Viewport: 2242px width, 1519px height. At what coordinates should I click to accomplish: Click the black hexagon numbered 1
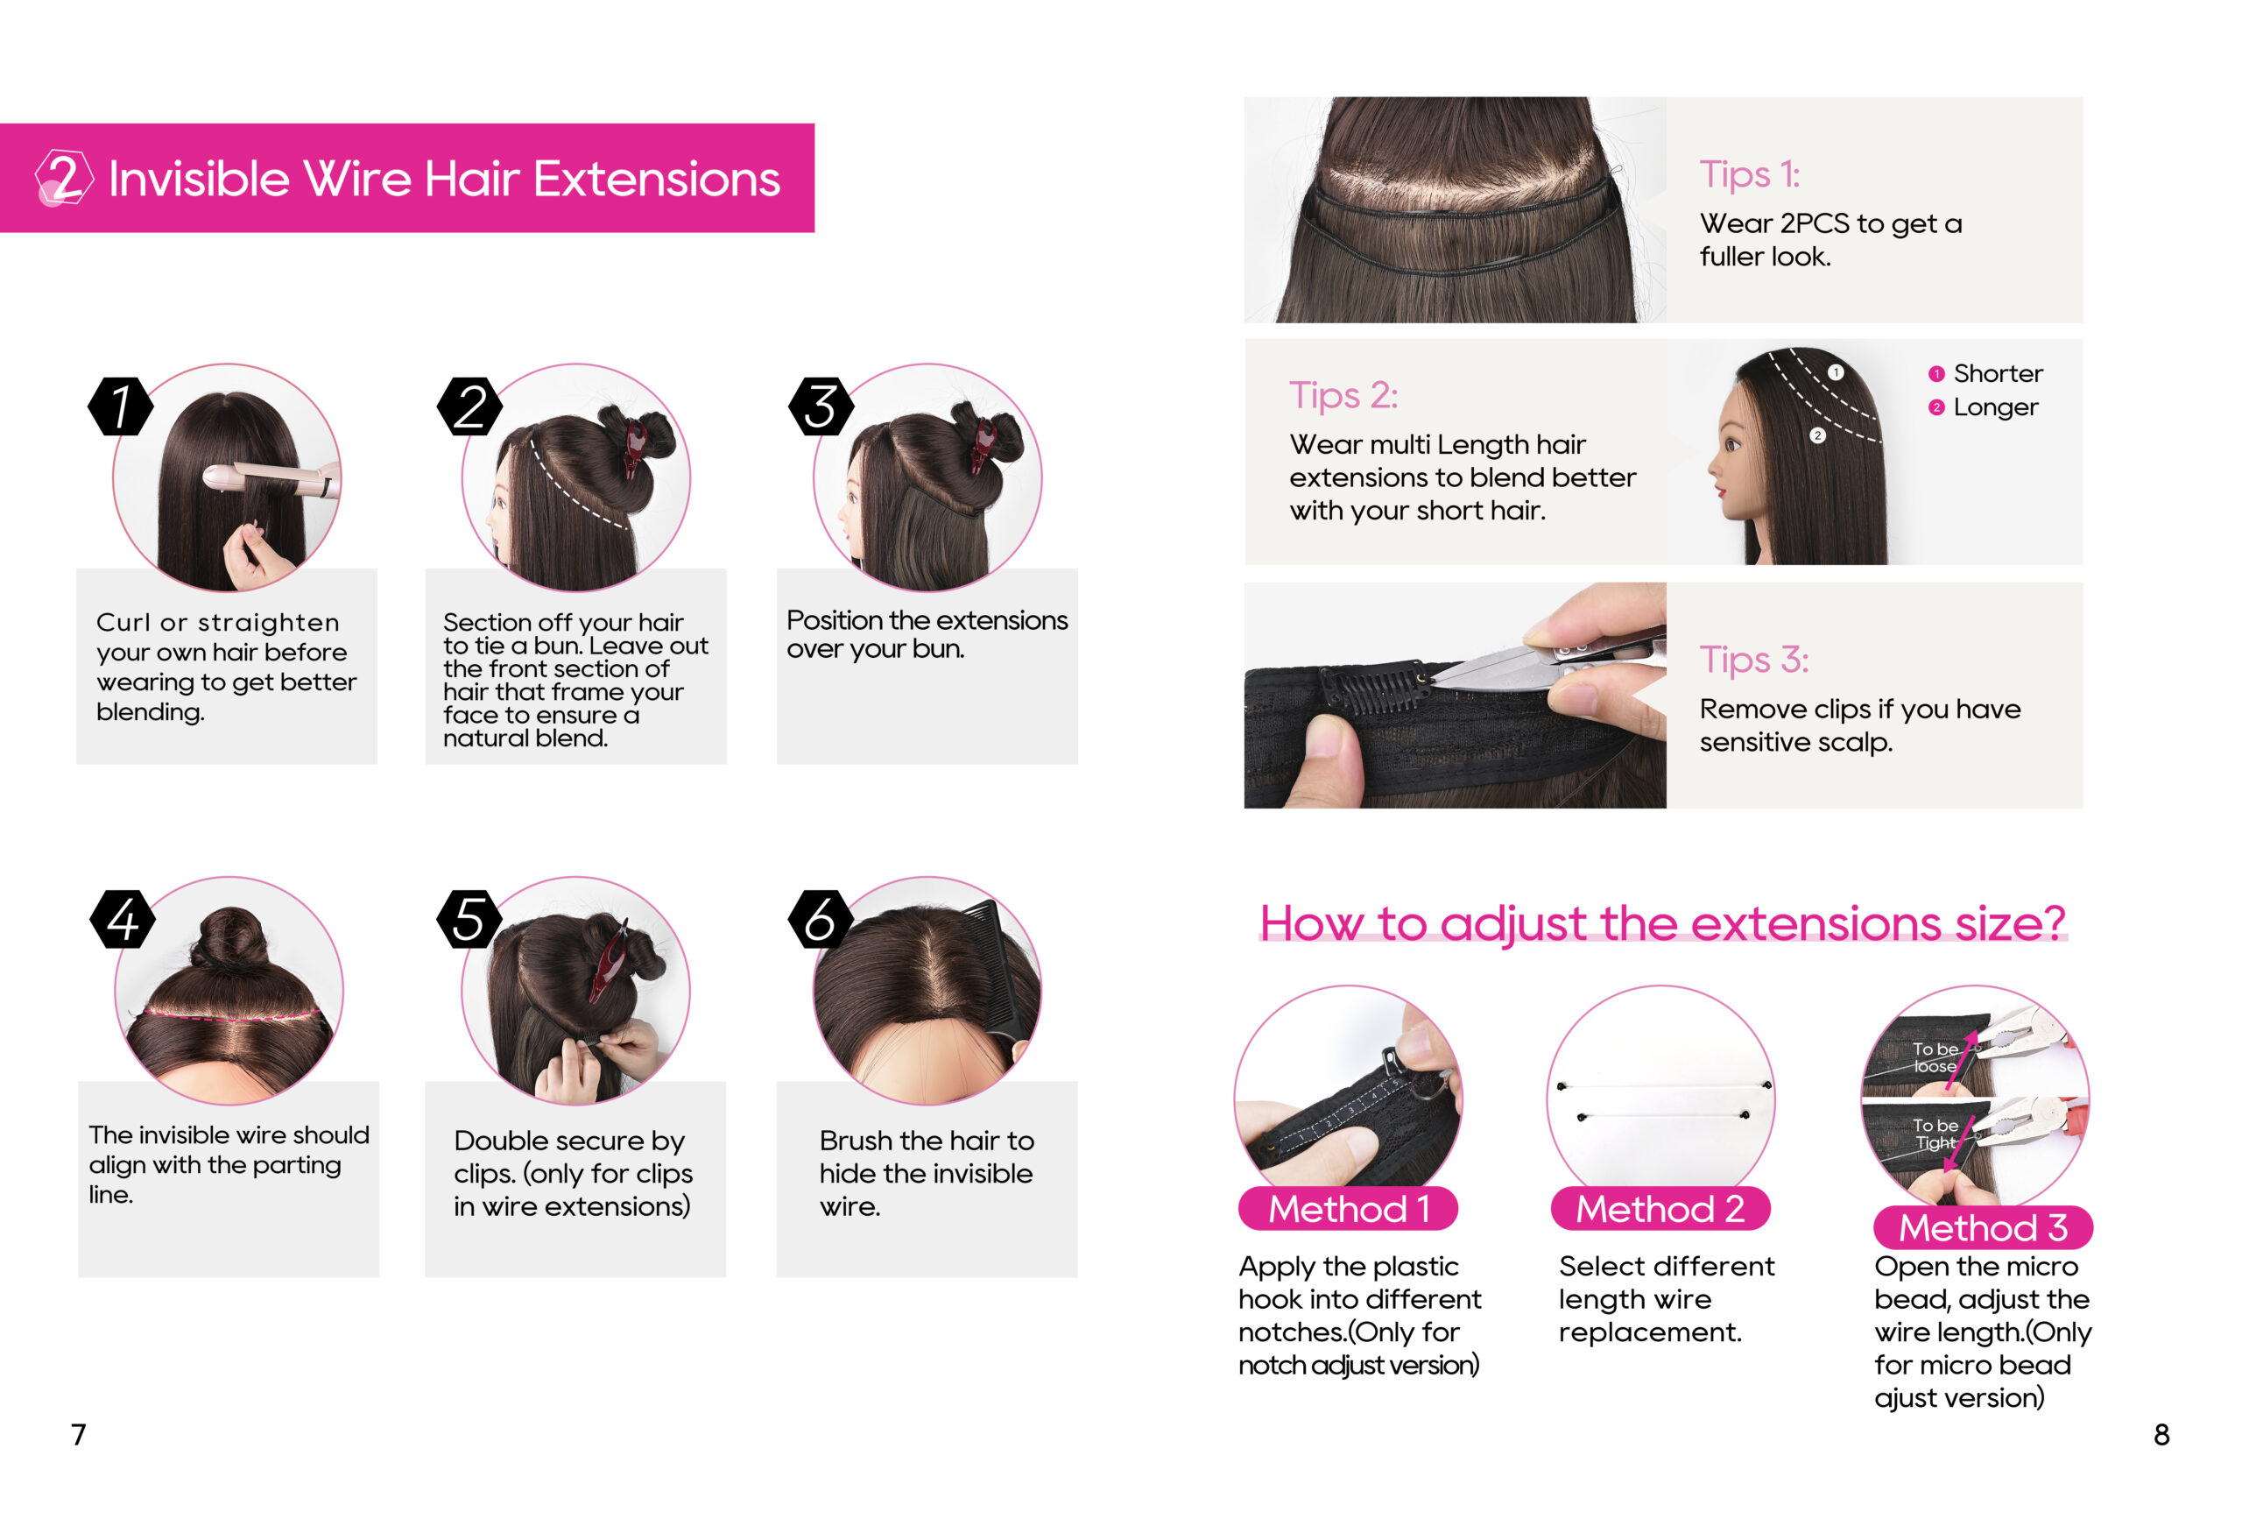(121, 406)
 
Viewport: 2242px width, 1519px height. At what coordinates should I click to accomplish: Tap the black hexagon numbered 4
(123, 919)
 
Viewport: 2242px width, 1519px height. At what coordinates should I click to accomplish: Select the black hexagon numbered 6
(821, 919)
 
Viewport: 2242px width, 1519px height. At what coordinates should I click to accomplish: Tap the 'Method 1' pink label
(1348, 1208)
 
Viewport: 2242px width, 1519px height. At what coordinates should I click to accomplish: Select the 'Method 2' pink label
(1660, 1208)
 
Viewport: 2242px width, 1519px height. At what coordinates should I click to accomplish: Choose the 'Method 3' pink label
(1983, 1227)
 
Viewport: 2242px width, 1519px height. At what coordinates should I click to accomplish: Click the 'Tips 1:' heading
(1749, 174)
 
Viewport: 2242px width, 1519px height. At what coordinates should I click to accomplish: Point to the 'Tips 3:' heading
(1754, 661)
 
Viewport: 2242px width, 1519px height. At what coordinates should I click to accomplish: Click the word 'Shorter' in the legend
(1998, 373)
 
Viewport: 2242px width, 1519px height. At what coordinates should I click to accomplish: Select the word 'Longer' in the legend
(1996, 407)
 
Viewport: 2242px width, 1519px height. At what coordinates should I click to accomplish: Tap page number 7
(79, 1434)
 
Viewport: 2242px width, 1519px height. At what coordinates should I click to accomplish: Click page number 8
(2162, 1434)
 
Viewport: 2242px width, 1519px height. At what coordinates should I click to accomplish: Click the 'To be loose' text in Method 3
(1935, 1057)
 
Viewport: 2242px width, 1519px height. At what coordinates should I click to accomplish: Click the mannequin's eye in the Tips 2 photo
(1732, 445)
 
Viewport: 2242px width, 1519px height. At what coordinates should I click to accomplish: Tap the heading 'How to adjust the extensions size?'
(1663, 923)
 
